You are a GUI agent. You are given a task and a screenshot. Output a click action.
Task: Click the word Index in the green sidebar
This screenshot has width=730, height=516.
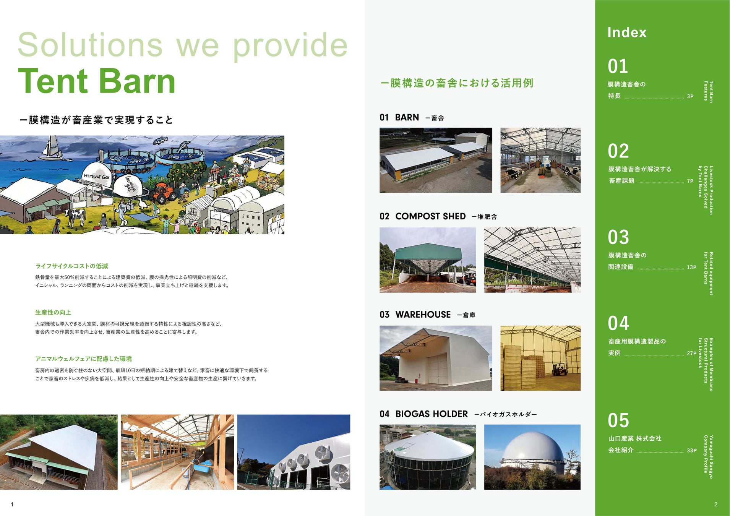(627, 32)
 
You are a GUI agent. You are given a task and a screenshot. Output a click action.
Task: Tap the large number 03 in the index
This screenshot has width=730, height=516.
(618, 237)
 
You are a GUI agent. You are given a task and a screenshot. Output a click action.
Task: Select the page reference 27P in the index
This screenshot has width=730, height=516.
(691, 354)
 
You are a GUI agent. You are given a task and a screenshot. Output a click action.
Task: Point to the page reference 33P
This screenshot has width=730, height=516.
(691, 451)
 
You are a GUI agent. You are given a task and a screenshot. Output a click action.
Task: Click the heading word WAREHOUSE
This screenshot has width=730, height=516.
(423, 315)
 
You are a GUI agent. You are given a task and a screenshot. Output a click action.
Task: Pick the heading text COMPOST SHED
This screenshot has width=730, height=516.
(430, 216)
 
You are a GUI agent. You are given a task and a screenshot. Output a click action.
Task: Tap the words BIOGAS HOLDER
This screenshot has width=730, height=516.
(432, 414)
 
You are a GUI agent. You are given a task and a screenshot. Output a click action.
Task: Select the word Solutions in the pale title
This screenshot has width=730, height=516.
(90, 45)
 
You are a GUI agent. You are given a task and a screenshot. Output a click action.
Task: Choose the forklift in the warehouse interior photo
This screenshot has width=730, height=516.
(559, 369)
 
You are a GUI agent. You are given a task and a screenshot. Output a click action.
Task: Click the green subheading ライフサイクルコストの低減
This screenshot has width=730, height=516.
(71, 266)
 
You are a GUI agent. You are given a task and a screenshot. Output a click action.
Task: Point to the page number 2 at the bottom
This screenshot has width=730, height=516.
(716, 504)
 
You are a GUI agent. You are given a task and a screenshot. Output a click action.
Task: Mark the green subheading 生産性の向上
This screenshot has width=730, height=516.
(53, 313)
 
